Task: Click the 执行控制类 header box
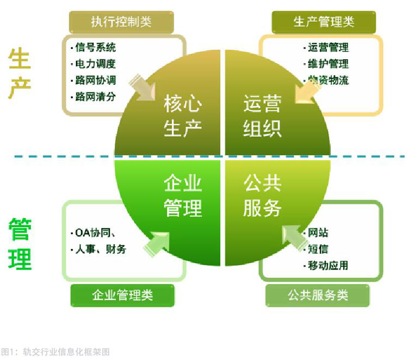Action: coord(121,22)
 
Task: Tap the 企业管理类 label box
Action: coord(122,295)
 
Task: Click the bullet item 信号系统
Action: coord(96,48)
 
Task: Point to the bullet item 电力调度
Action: coord(96,64)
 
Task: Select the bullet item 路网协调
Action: coord(96,80)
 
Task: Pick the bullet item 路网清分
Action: coord(96,97)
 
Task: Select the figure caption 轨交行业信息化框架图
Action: coord(66,351)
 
